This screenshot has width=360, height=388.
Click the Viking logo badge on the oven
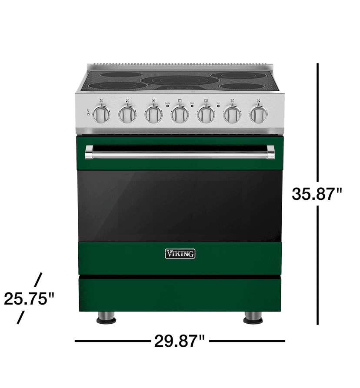coord(180,253)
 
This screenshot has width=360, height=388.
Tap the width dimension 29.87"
coord(179,342)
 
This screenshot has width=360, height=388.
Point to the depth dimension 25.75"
coord(29,299)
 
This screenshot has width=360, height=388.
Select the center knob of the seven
coord(180,114)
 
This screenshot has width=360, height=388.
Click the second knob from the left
coord(127,114)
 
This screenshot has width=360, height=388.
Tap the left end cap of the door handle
coord(89,152)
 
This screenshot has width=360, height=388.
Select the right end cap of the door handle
coord(270,152)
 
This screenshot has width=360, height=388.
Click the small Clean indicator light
coord(192,106)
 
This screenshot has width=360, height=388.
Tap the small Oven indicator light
coord(218,106)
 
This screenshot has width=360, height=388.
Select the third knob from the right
coord(206,114)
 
